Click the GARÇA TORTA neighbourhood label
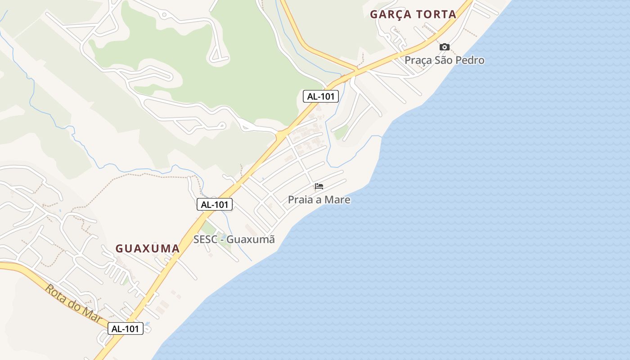[x=413, y=14]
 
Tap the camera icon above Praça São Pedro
[x=444, y=47]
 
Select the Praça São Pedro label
[x=444, y=60]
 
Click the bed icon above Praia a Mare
[x=319, y=186]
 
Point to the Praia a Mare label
[x=319, y=199]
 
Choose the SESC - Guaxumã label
[x=234, y=239]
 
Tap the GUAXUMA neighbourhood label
[x=148, y=248]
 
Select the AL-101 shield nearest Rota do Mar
[x=126, y=328]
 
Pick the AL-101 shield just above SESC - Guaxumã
[x=215, y=204]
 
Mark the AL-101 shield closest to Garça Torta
[x=320, y=96]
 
